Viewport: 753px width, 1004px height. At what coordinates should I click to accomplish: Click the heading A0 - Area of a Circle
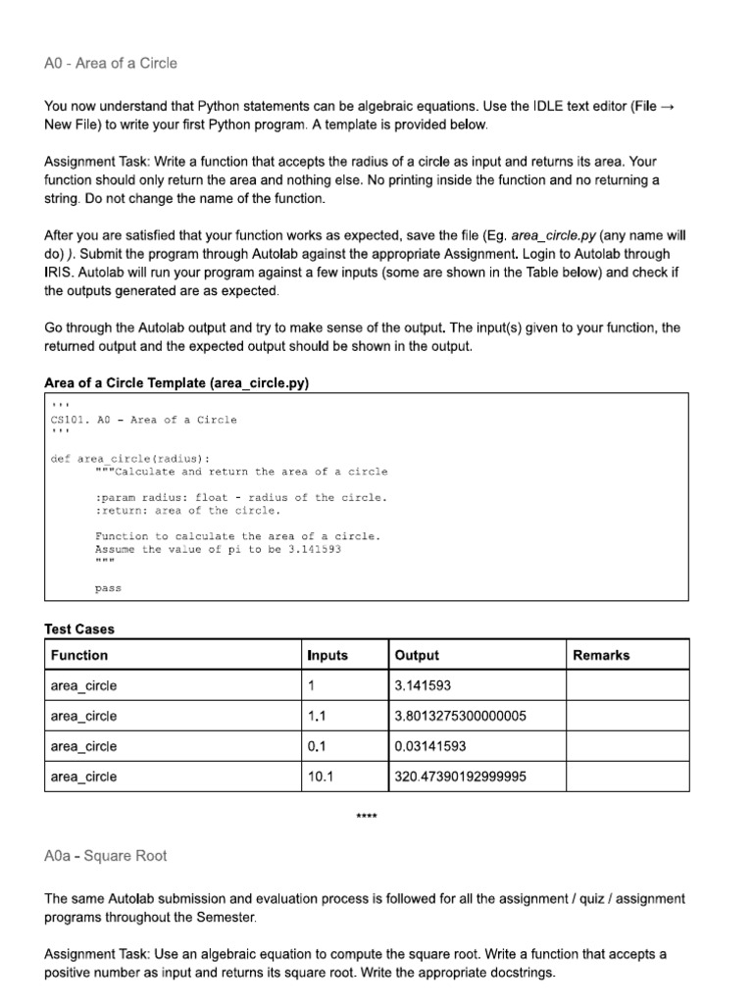pyautogui.click(x=111, y=64)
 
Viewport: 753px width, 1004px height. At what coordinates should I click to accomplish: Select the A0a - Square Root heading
pyautogui.click(x=106, y=856)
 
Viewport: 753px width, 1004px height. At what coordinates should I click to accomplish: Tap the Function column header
pyautogui.click(x=79, y=655)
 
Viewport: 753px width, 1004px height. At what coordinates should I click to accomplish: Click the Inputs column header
pyautogui.click(x=327, y=655)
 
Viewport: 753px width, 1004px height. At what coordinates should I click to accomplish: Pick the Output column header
pyautogui.click(x=417, y=655)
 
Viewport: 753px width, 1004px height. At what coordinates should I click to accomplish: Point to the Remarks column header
pyautogui.click(x=601, y=655)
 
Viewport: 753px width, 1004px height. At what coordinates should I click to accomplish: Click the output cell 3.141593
pyautogui.click(x=423, y=685)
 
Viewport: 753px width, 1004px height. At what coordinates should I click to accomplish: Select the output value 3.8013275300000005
pyautogui.click(x=460, y=716)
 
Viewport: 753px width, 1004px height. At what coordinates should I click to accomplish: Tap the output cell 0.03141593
pyautogui.click(x=430, y=746)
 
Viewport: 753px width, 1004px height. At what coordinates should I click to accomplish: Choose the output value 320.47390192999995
pyautogui.click(x=460, y=777)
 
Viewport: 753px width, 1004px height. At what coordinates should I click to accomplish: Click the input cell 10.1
pyautogui.click(x=322, y=777)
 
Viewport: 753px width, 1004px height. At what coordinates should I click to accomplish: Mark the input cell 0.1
pyautogui.click(x=317, y=746)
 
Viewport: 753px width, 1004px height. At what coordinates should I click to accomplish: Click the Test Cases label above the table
pyautogui.click(x=79, y=628)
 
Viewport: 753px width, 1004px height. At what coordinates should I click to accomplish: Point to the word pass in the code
pyautogui.click(x=108, y=588)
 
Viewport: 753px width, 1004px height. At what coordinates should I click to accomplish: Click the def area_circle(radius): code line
pyautogui.click(x=130, y=458)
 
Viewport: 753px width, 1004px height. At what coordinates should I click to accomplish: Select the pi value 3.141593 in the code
pyautogui.click(x=312, y=549)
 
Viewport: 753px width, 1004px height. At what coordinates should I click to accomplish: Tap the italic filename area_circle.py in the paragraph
pyautogui.click(x=553, y=236)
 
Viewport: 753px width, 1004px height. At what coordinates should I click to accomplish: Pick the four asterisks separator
pyautogui.click(x=368, y=817)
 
